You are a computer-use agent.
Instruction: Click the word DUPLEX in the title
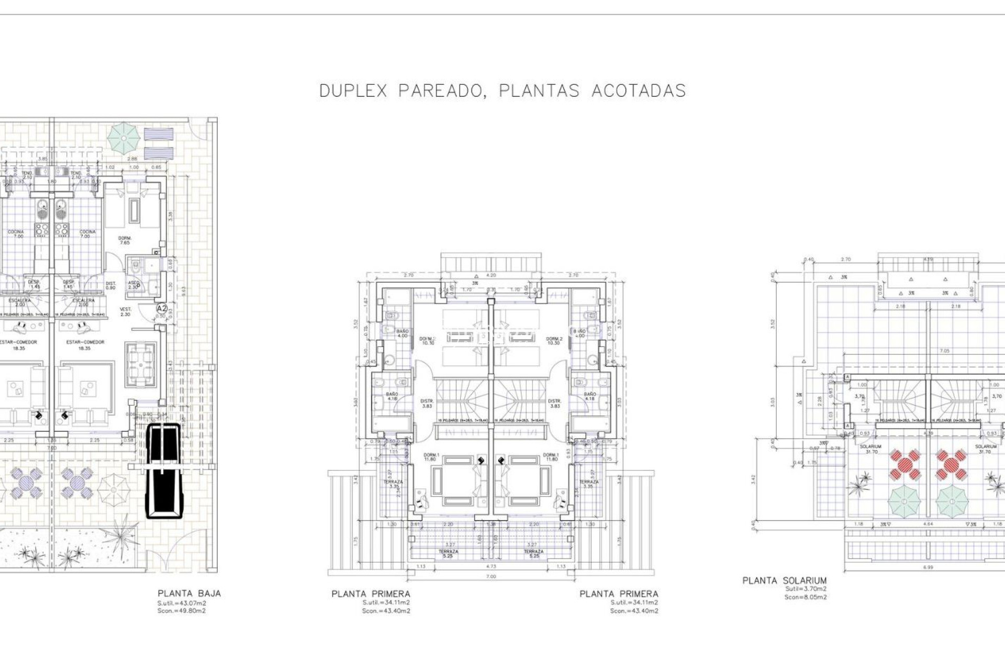(353, 91)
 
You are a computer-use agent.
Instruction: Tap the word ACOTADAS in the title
(638, 91)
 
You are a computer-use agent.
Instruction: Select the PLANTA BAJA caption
(189, 594)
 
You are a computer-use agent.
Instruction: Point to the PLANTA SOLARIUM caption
(784, 580)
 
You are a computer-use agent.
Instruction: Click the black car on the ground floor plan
(163, 471)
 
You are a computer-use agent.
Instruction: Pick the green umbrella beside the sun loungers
(124, 138)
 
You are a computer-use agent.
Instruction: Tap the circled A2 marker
(162, 308)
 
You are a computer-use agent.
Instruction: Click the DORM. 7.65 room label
(125, 240)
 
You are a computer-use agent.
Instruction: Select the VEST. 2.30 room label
(126, 311)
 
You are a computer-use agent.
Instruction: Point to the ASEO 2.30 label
(133, 285)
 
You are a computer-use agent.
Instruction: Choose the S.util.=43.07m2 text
(182, 603)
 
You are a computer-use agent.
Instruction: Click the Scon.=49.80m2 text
(182, 611)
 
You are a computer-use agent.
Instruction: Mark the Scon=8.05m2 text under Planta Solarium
(805, 597)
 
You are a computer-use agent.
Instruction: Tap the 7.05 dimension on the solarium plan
(944, 351)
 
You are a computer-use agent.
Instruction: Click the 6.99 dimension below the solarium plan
(928, 567)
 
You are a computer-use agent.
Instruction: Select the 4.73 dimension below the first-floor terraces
(490, 566)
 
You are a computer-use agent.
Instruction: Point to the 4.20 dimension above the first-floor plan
(490, 275)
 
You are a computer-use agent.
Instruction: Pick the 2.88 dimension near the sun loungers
(133, 159)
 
